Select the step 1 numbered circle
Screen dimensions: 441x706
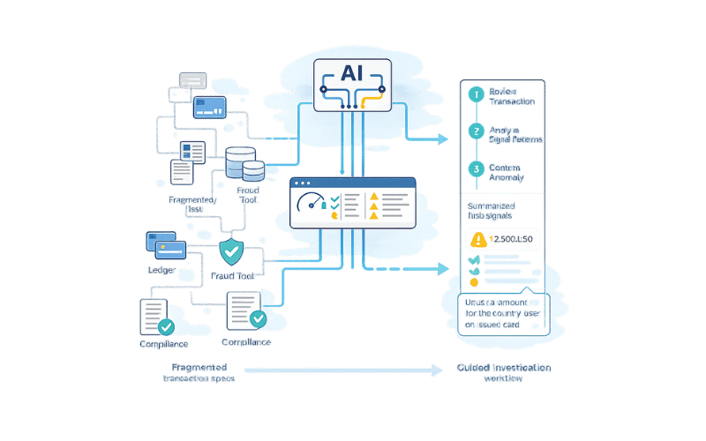(x=477, y=93)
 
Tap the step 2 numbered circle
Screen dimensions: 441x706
(x=477, y=132)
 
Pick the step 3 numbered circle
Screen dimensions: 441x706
(x=477, y=169)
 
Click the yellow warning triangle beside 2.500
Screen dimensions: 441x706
(x=479, y=239)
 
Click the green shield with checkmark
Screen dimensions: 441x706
(x=231, y=251)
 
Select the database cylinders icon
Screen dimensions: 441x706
(x=244, y=164)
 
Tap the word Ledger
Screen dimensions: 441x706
(x=161, y=268)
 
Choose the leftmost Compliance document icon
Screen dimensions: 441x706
(x=155, y=317)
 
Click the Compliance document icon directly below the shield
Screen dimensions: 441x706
(x=245, y=311)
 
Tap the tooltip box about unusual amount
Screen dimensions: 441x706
(x=503, y=313)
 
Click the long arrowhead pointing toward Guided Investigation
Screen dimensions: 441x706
(x=438, y=371)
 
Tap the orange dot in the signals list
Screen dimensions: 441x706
(x=475, y=281)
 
